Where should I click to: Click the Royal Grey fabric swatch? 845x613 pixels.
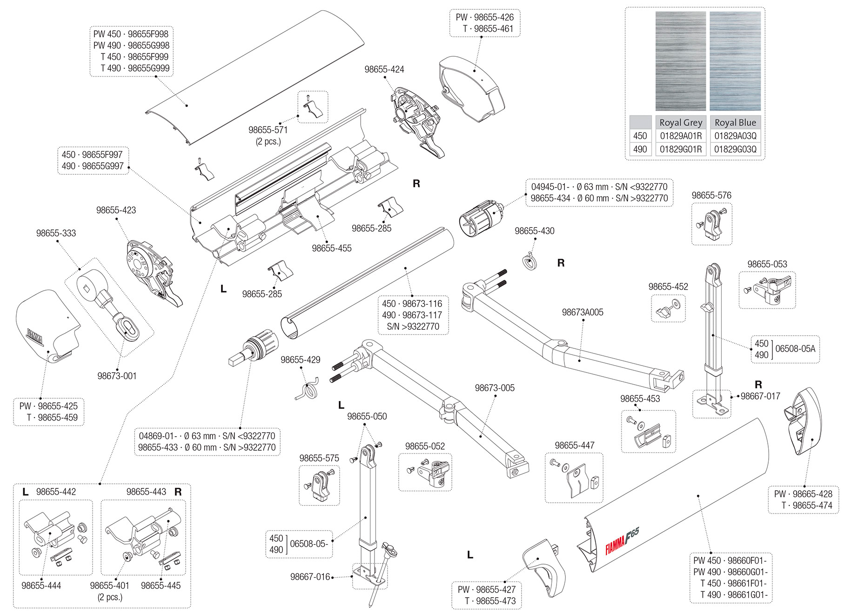click(680, 61)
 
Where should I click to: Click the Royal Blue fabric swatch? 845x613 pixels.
click(735, 61)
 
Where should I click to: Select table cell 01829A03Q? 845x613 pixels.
click(735, 136)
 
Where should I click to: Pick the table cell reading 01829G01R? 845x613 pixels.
click(681, 149)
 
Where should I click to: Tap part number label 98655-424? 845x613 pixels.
click(384, 69)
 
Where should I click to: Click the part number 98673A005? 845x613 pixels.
click(582, 312)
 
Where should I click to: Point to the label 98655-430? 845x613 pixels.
click(534, 231)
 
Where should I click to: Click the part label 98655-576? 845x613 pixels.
click(711, 195)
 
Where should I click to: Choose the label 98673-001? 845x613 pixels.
click(117, 376)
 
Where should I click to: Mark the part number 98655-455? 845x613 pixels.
click(331, 248)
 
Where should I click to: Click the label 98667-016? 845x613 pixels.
click(310, 577)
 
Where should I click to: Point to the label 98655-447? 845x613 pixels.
click(574, 445)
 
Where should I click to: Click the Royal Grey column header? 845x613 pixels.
click(681, 122)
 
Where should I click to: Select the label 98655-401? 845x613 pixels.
click(110, 586)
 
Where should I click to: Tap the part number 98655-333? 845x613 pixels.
click(56, 233)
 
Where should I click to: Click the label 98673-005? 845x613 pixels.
click(495, 388)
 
